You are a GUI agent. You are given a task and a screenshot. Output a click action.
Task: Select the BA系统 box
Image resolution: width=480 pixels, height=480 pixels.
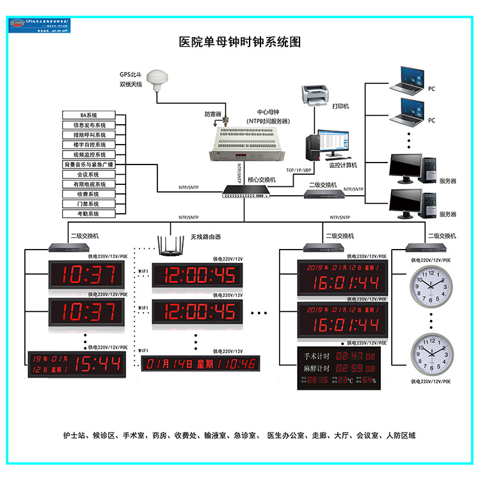click(89, 115)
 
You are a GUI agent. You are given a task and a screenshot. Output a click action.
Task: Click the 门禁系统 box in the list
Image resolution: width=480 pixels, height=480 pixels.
click(89, 204)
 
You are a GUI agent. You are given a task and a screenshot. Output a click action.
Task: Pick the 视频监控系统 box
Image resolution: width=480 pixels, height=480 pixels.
click(89, 154)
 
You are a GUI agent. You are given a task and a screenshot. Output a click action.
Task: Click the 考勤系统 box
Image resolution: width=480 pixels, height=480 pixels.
click(89, 213)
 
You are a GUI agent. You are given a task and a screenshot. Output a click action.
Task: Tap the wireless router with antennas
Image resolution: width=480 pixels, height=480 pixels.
click(171, 246)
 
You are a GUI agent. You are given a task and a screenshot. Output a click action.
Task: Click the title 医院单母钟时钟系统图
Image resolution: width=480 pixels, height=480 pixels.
click(239, 42)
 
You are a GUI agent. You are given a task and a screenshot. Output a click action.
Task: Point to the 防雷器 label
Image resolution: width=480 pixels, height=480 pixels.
click(212, 115)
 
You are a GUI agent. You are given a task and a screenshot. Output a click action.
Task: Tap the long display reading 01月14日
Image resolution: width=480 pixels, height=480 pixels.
click(200, 364)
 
